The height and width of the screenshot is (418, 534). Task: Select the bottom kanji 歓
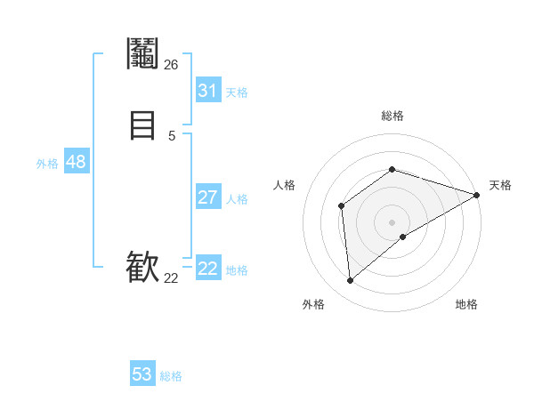[143, 268]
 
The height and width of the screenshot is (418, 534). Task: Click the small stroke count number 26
[171, 64]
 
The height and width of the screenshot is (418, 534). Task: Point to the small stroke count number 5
[171, 135]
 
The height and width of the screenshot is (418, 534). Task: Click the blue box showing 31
[207, 91]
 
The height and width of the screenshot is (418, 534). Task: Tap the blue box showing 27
[207, 197]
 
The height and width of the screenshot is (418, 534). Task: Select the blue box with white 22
[207, 269]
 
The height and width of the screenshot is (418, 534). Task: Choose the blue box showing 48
[76, 162]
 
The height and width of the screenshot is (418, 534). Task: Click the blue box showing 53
[142, 374]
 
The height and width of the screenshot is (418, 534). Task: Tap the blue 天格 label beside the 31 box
[237, 92]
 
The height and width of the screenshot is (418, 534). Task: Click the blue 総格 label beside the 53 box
[171, 376]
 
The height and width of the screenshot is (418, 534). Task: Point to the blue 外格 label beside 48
[47, 164]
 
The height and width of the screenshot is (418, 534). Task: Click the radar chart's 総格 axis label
[392, 116]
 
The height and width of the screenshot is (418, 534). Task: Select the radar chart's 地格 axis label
[466, 304]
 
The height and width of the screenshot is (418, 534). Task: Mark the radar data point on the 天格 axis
[477, 195]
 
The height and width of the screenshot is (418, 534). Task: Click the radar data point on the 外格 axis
[350, 281]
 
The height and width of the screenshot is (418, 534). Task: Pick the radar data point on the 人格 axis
[341, 206]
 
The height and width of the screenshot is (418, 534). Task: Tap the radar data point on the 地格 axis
[403, 237]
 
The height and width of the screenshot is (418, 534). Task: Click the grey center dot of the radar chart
[392, 221]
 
